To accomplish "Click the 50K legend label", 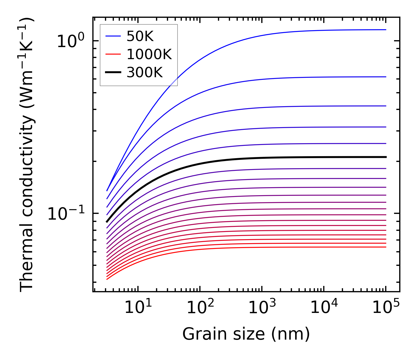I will [x=140, y=36].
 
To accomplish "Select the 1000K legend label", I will [x=149, y=54].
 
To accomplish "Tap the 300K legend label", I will [x=145, y=72].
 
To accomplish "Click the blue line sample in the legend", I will [x=113, y=36].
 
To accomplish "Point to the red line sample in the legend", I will [x=113, y=54].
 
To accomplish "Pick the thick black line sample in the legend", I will [x=113, y=72].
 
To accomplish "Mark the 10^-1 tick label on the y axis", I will [x=66, y=214].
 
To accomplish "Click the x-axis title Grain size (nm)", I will [x=246, y=334].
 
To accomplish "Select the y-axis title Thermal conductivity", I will [x=27, y=155].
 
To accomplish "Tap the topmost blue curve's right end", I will [x=385, y=30].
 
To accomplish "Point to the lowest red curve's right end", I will [x=385, y=247].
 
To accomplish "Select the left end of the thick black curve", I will [x=107, y=221].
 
